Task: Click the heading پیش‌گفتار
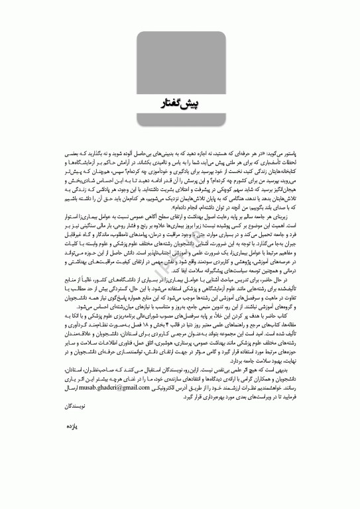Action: (180, 105)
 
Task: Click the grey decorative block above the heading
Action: (180, 60)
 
